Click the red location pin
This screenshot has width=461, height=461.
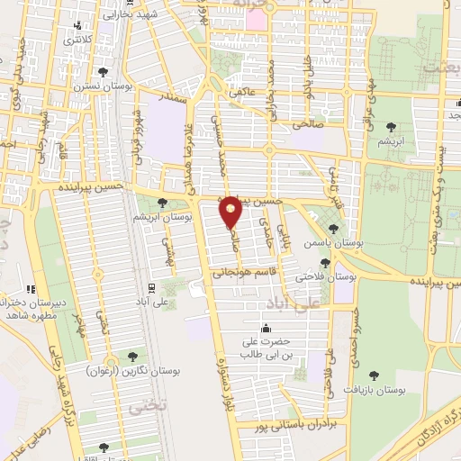(230, 212)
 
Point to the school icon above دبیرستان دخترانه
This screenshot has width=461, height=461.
(29, 289)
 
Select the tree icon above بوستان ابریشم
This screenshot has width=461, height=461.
(161, 203)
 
